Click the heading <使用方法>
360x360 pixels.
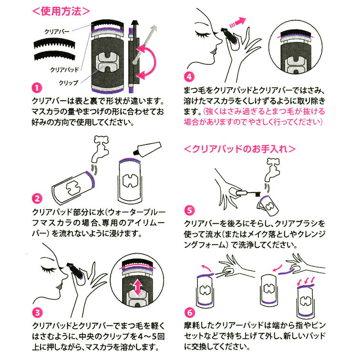pos(61,11)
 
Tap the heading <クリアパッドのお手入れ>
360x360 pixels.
pos(240,149)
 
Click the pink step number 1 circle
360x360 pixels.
pos(37,87)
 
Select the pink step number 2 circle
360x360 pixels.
pos(37,198)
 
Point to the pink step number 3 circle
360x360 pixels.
pos(37,312)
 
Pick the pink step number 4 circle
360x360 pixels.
pos(189,77)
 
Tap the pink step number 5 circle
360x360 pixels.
pos(190,210)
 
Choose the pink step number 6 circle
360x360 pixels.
pos(190,312)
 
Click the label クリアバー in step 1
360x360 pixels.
pos(57,31)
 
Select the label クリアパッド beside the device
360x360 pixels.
pos(64,69)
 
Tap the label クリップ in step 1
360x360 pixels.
pos(68,82)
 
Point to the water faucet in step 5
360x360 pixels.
pos(272,170)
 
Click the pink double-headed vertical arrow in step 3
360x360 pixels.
pos(137,288)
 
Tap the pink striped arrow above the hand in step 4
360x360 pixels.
pos(237,22)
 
